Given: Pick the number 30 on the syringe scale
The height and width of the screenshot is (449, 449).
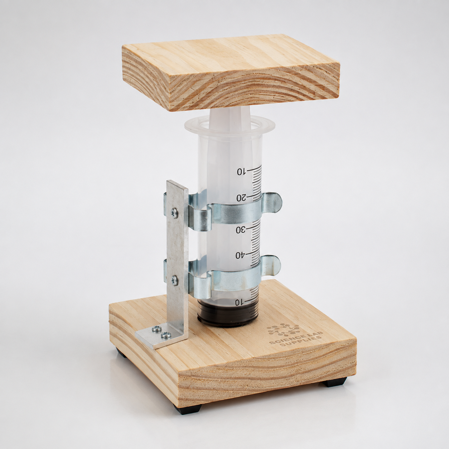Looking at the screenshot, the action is point(241,230).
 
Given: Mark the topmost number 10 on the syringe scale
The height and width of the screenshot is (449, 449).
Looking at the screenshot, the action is point(242,172).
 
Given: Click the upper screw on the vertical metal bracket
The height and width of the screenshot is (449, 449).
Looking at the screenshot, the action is point(174,212).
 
